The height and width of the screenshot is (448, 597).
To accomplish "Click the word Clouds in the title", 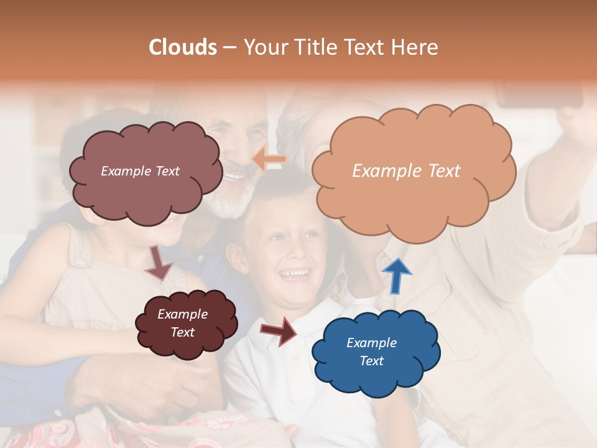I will coord(183,47).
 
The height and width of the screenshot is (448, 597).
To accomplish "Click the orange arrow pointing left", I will coord(269,161).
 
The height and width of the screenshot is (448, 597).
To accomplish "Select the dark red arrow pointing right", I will coord(280,330).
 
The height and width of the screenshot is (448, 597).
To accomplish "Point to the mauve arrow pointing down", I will coord(159,263).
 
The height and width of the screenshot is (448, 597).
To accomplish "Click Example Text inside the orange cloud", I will coord(406,171).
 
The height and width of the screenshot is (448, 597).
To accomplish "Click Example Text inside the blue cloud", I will coord(371,352).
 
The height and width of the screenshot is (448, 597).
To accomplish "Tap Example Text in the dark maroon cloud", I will coord(182,323).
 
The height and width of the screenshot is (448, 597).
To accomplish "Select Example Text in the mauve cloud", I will coord(140,171).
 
